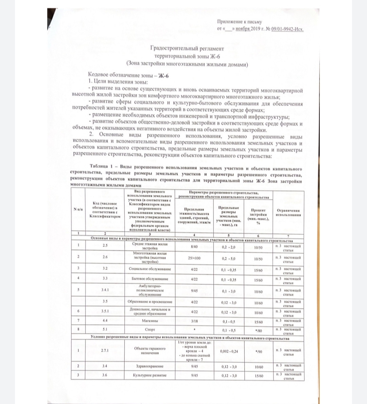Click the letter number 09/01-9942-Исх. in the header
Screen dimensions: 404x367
point(287,29)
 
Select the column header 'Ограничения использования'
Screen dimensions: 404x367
point(288,213)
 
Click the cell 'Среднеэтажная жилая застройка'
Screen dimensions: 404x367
point(150,246)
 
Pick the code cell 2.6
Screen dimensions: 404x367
point(105,257)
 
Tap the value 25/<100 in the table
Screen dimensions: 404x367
point(194,258)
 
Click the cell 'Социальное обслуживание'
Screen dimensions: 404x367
point(150,269)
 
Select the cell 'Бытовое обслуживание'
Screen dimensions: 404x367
point(150,279)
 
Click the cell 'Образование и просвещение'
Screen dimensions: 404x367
point(150,302)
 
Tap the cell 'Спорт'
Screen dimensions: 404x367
point(150,329)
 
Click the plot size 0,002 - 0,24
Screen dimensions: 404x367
point(229,351)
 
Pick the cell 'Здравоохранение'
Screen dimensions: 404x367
point(150,366)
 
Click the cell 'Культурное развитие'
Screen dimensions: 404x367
point(150,376)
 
